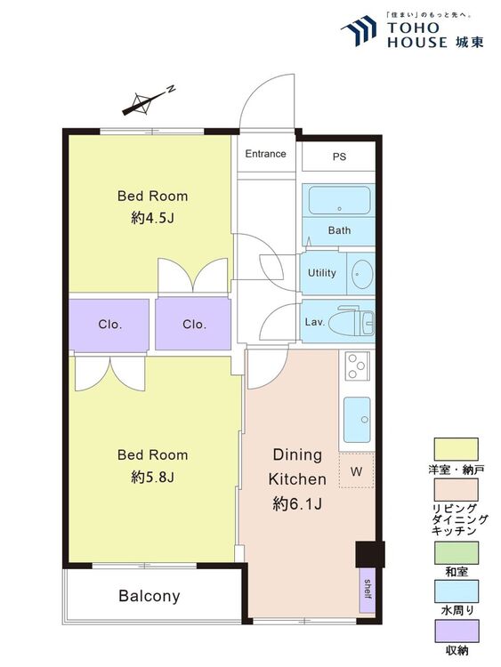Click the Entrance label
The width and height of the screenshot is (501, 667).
(x=265, y=154)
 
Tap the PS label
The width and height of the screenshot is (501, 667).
(x=339, y=157)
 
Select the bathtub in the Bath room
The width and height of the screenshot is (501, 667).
(x=339, y=200)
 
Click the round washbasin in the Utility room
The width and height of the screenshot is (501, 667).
(x=363, y=273)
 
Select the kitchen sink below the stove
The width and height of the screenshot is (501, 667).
(x=357, y=420)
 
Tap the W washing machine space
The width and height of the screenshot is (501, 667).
(x=356, y=470)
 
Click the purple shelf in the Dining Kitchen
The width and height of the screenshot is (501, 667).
(x=368, y=590)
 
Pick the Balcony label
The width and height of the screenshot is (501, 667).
(x=149, y=596)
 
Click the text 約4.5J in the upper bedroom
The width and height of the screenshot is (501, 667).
(x=152, y=218)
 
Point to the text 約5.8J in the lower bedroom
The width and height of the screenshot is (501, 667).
(x=152, y=478)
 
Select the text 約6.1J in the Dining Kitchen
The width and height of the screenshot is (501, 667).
(x=297, y=504)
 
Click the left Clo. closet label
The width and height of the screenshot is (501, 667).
(x=109, y=325)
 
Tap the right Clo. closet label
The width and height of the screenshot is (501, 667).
(x=194, y=325)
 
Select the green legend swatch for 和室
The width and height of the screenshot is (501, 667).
(x=456, y=552)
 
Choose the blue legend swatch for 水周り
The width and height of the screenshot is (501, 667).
(x=456, y=591)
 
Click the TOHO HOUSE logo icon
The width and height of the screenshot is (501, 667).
(x=359, y=30)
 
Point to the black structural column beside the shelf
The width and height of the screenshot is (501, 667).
(x=370, y=554)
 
